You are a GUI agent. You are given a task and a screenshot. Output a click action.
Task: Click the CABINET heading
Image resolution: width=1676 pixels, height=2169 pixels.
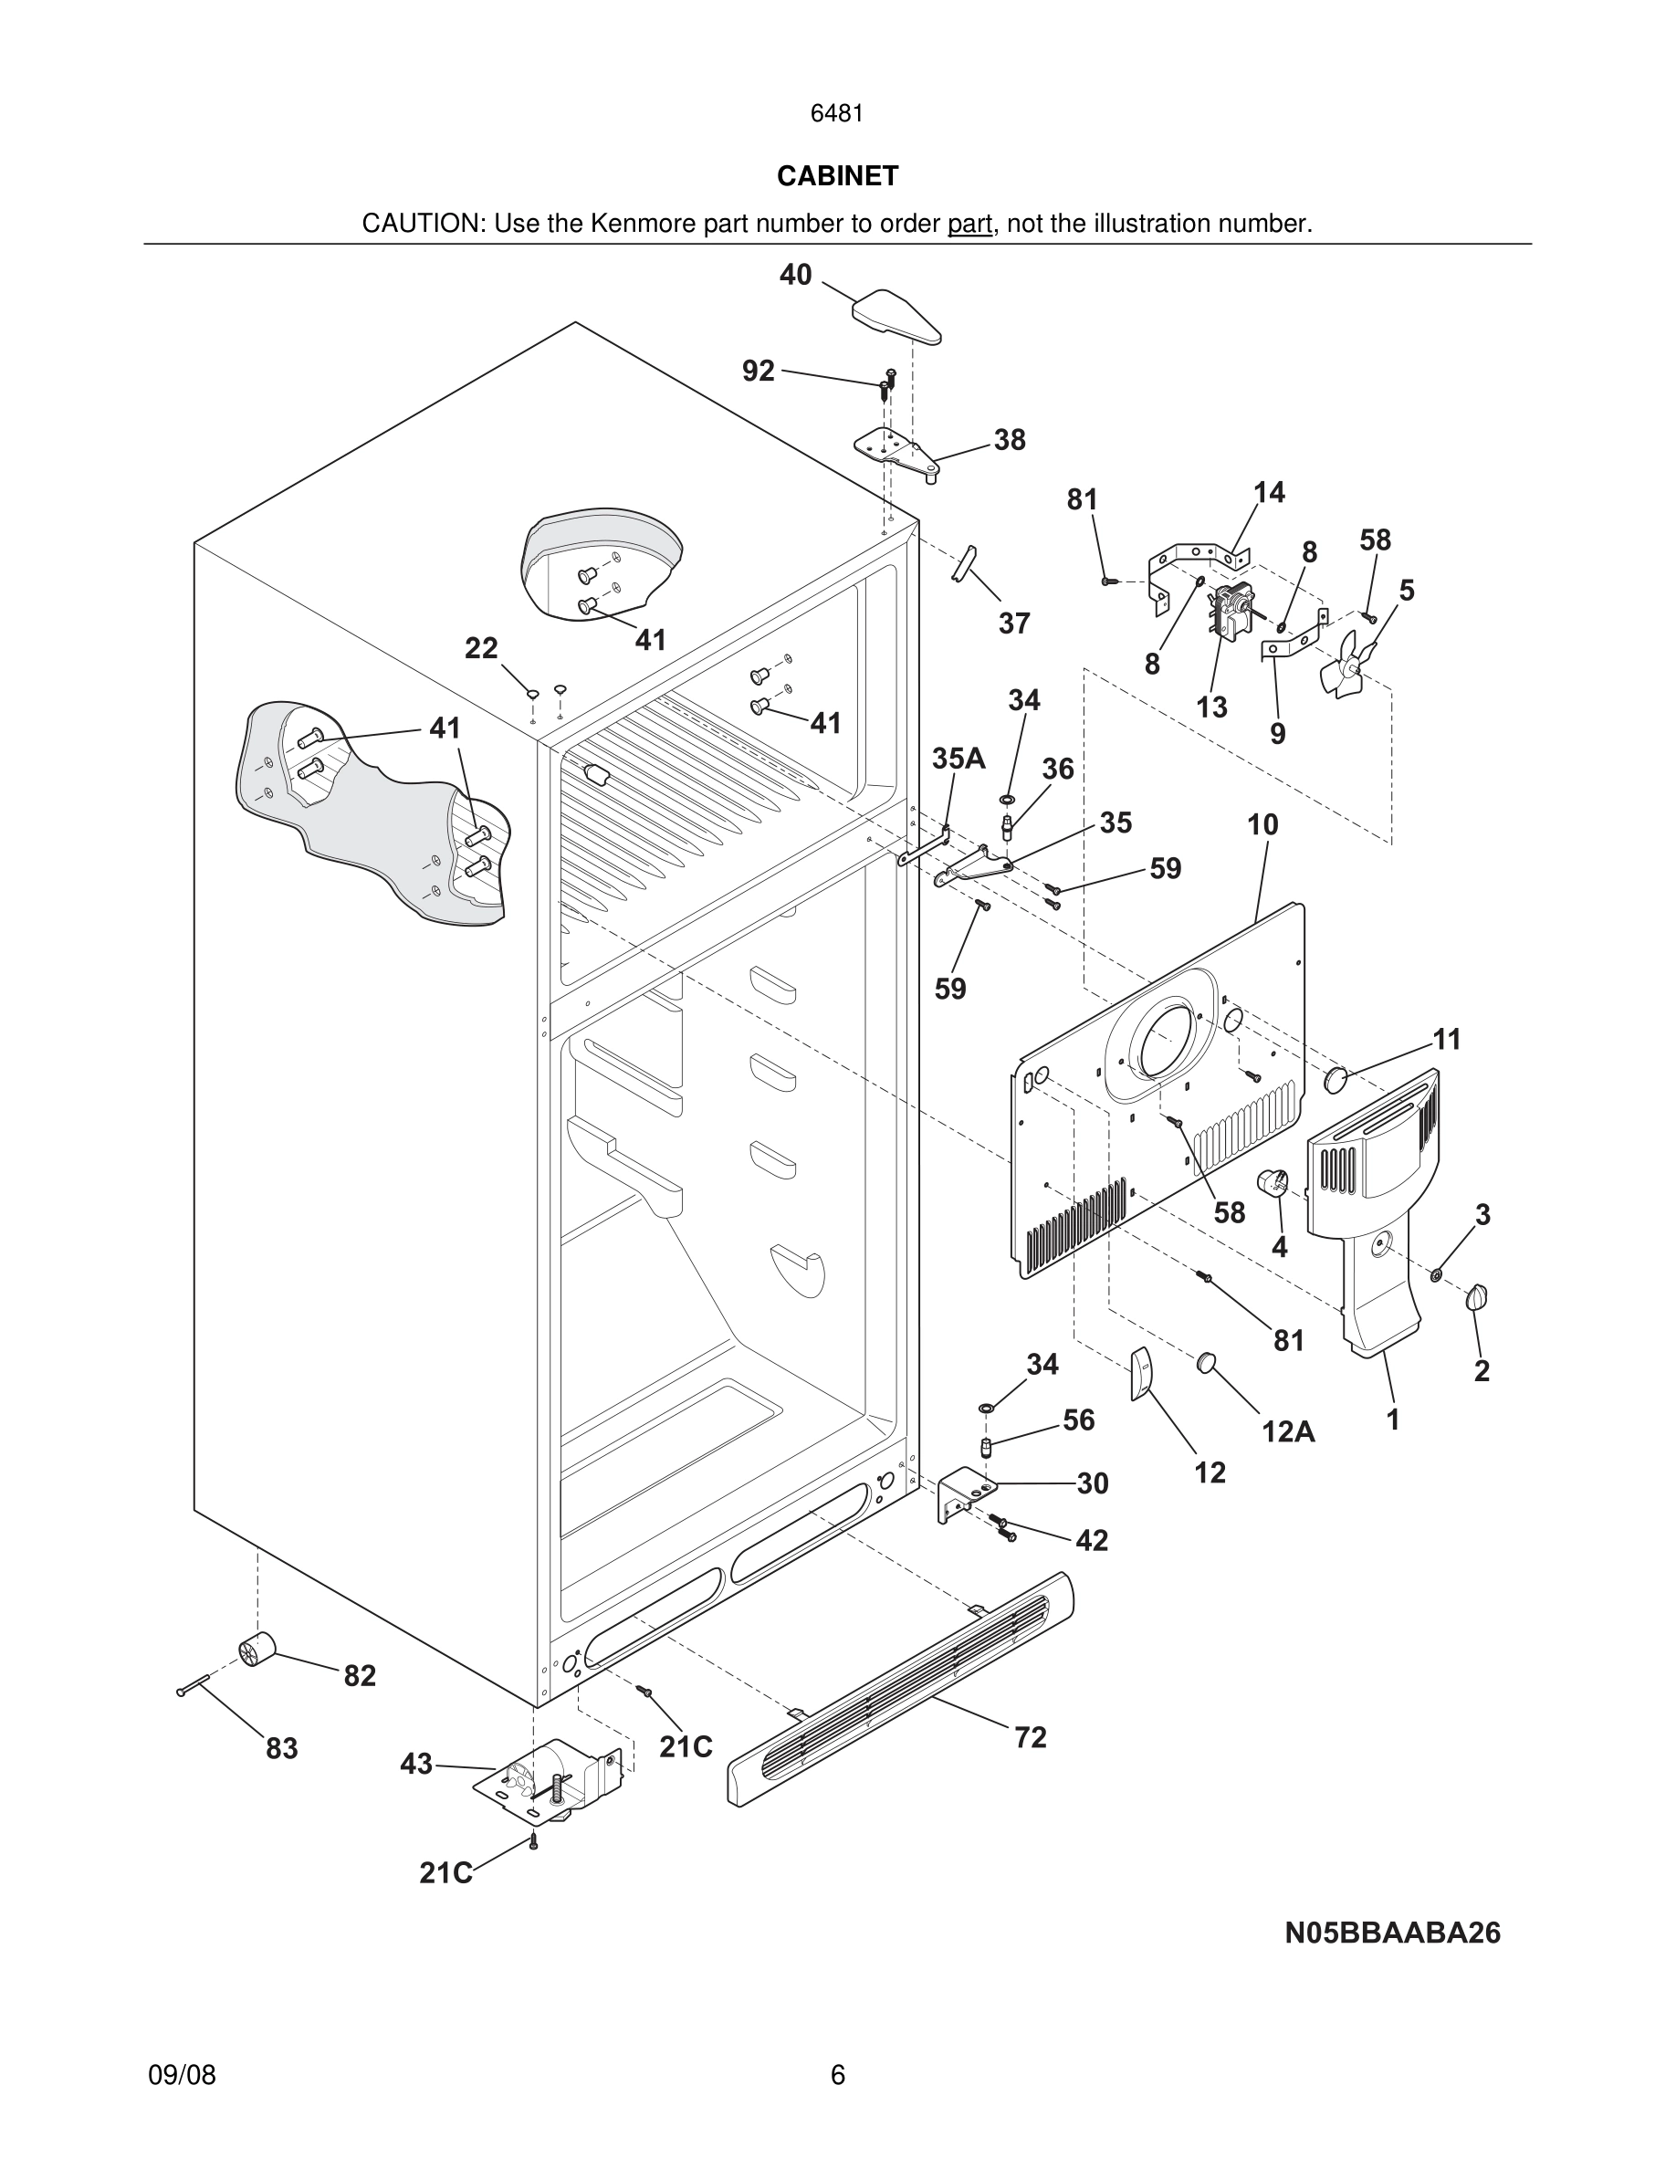tap(837, 176)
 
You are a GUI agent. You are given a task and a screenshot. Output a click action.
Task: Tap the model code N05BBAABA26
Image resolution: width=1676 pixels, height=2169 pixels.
tap(1392, 1933)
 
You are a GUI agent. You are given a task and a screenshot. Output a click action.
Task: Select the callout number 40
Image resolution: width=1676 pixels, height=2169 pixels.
tap(795, 275)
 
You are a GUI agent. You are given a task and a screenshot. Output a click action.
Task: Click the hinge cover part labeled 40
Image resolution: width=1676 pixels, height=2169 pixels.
tap(896, 316)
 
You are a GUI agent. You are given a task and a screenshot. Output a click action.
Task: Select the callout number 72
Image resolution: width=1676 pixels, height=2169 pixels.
tap(1030, 1737)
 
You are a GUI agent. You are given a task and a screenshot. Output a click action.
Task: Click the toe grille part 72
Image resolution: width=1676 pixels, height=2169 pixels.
tap(899, 1688)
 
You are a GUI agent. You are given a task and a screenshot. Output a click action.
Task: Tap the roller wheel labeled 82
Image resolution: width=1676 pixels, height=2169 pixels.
tap(257, 1650)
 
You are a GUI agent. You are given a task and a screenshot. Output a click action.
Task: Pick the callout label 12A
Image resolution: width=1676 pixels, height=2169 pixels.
tap(1288, 1431)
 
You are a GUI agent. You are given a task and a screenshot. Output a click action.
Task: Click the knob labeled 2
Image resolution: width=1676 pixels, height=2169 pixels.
tap(1477, 1296)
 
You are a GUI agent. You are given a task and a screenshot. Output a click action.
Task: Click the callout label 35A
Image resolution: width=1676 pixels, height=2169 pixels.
tap(958, 759)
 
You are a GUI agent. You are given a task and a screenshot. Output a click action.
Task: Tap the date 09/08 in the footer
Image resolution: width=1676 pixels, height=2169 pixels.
tap(182, 2075)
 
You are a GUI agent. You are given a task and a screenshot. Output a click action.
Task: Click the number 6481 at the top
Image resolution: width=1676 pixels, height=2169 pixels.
tap(837, 114)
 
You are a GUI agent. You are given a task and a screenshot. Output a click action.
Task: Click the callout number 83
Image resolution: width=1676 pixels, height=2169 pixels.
tap(282, 1748)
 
